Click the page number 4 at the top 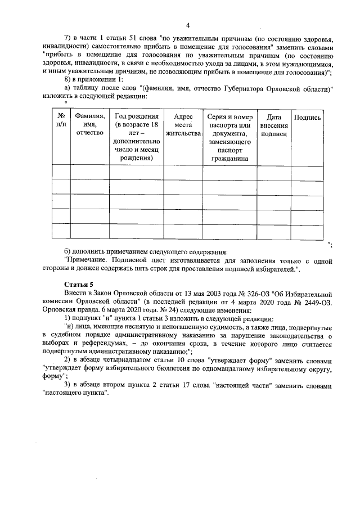point(188,25)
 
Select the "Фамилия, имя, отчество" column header point(90,125)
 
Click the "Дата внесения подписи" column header point(274,125)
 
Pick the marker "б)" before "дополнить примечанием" point(69,252)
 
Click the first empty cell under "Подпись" point(308,172)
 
